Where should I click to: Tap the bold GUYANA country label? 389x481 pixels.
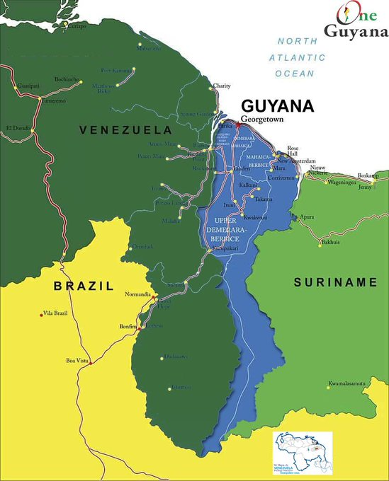click(x=278, y=105)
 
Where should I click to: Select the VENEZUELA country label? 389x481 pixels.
click(x=125, y=130)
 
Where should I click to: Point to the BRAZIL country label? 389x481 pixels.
click(x=84, y=286)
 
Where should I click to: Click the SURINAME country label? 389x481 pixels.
click(x=335, y=282)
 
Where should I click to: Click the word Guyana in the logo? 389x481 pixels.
click(x=356, y=32)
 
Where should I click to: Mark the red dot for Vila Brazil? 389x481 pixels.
click(x=40, y=313)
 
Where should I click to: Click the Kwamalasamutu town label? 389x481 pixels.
click(x=346, y=383)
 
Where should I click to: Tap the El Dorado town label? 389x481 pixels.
click(x=18, y=127)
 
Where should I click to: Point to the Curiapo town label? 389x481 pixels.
click(x=75, y=26)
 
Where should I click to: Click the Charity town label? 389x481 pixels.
click(x=222, y=86)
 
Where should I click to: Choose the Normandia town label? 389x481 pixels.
click(x=138, y=292)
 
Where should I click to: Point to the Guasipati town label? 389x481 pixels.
click(x=28, y=85)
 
